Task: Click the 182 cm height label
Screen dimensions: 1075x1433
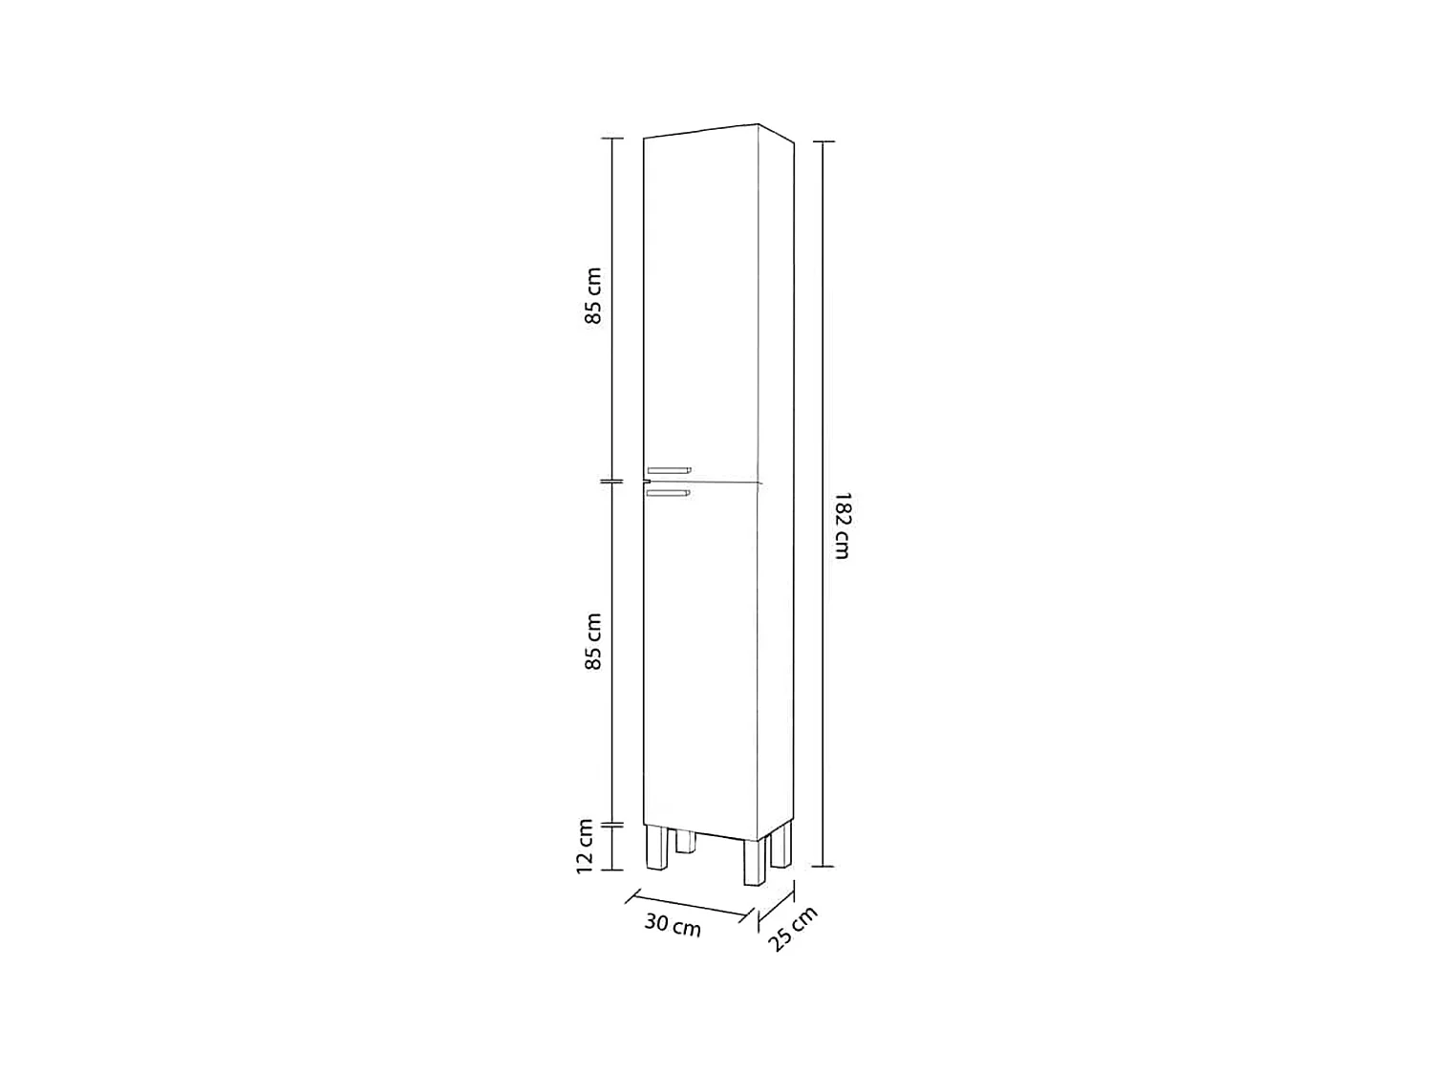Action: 841,525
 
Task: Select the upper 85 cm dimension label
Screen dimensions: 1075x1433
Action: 593,295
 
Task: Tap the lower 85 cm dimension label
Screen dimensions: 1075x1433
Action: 593,640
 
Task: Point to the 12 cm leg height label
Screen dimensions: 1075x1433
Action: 585,845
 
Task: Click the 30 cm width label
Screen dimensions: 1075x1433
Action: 673,925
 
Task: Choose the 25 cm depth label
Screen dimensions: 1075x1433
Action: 793,928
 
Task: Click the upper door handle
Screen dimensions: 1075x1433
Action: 669,469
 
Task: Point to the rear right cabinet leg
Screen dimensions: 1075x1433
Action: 781,845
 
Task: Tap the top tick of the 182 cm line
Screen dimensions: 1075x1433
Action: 823,141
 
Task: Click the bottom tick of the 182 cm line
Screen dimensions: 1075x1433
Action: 823,866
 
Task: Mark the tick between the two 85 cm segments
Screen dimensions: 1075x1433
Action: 611,482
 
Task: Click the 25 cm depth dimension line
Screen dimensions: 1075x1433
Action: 776,910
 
